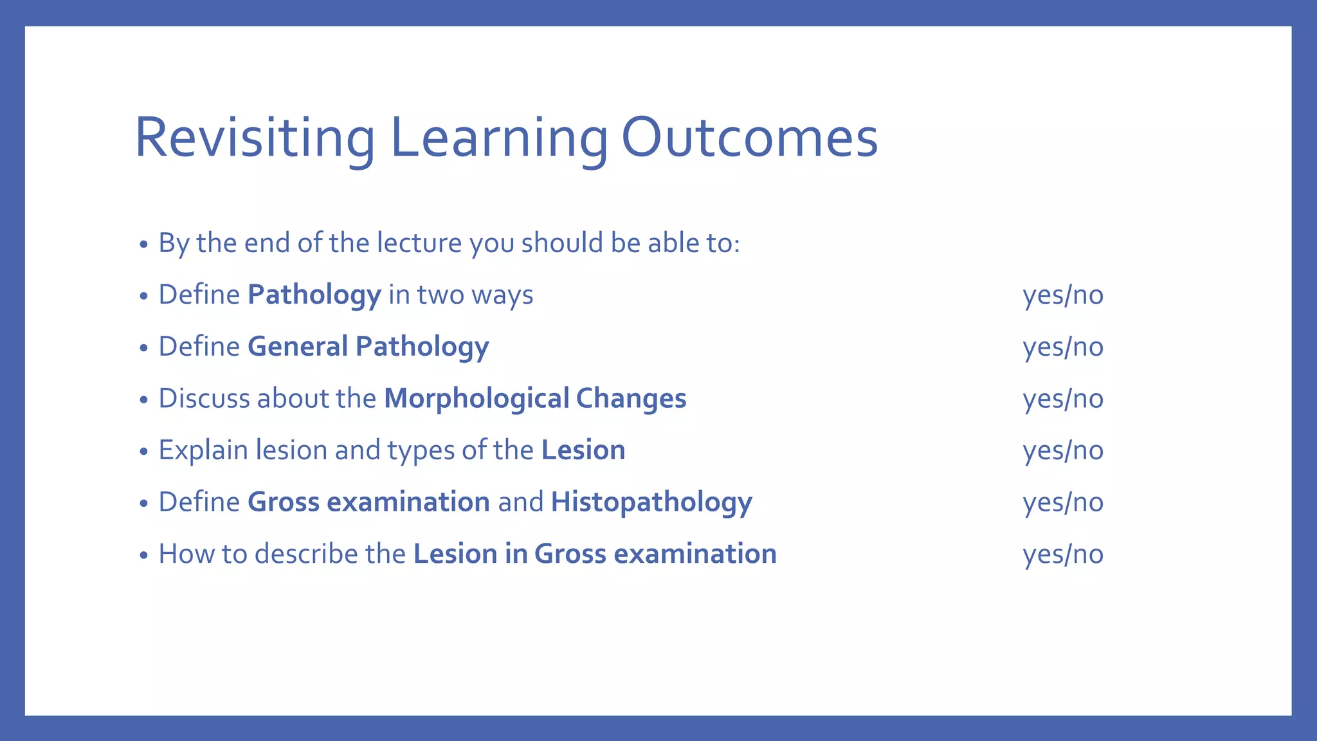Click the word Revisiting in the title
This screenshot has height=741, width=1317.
255,138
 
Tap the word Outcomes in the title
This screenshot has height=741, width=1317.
749,138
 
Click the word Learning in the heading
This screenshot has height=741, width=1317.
498,138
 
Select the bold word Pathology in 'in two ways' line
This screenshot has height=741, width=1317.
314,295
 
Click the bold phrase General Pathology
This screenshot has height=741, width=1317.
368,347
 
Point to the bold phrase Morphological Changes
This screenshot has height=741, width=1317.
535,398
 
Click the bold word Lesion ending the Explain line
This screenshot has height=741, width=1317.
583,450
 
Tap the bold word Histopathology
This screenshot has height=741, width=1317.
651,502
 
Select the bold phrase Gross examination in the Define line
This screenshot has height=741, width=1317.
368,502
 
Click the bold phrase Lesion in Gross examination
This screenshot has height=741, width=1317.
595,554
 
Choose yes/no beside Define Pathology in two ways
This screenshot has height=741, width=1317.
1063,295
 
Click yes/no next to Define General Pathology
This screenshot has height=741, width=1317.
1063,347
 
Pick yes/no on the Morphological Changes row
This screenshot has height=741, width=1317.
1063,399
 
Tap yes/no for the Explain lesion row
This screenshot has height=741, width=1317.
1063,450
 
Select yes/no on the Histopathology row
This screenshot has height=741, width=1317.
1063,502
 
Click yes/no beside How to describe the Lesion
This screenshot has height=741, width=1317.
1063,554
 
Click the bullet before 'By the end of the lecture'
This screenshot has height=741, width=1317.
144,244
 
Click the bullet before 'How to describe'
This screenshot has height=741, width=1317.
144,555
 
